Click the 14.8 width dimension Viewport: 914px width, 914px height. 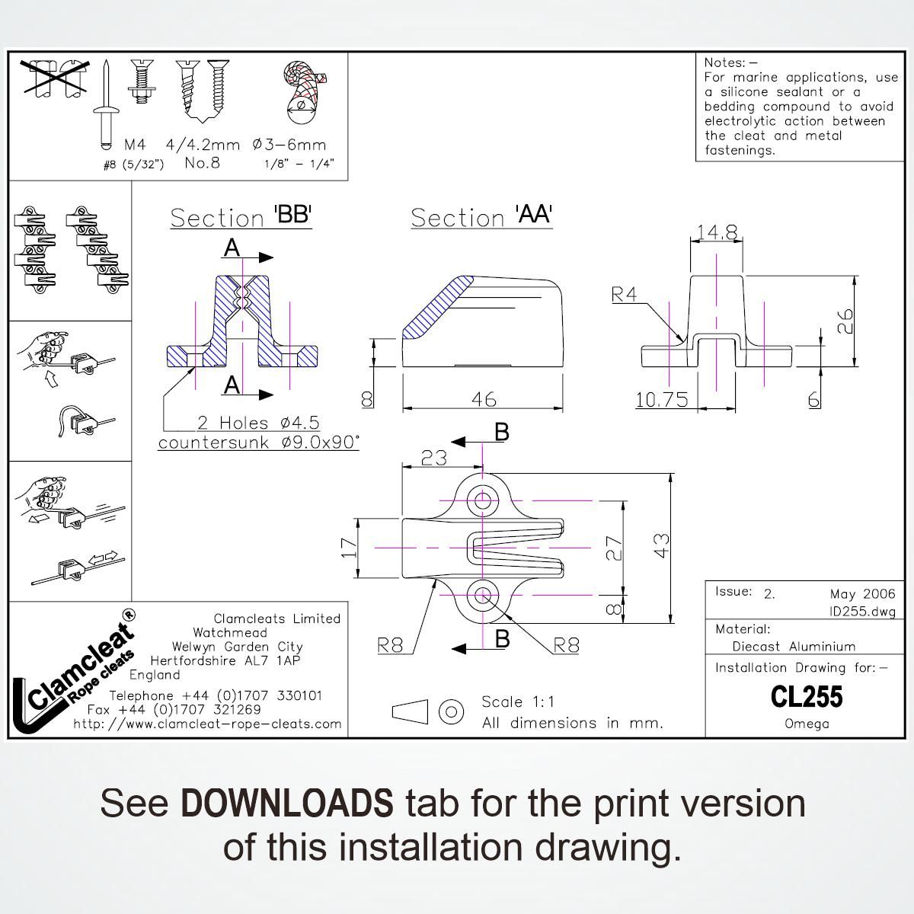pyautogui.click(x=717, y=232)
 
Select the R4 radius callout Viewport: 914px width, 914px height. pyautogui.click(x=625, y=295)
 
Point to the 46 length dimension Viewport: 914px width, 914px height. pyautogui.click(x=484, y=398)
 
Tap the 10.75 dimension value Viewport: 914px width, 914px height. pyautogui.click(x=662, y=399)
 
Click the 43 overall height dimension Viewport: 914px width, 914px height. pyautogui.click(x=662, y=546)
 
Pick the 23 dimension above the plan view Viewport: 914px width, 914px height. pyautogui.click(x=433, y=458)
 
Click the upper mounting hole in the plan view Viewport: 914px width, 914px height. pyautogui.click(x=483, y=500)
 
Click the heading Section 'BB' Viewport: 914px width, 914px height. pyautogui.click(x=241, y=217)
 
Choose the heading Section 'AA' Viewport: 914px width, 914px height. pyautogui.click(x=481, y=217)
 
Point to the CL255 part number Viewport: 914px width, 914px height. pyautogui.click(x=806, y=696)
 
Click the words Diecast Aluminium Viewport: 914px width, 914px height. pyautogui.click(x=794, y=647)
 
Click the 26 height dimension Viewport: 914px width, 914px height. pyautogui.click(x=844, y=320)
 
